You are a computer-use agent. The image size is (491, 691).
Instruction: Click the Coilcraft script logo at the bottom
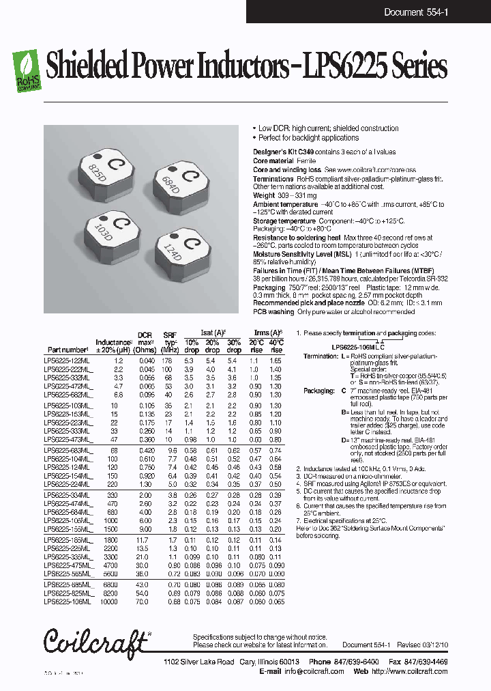point(96,643)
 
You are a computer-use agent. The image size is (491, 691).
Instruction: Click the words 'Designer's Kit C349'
point(280,152)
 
